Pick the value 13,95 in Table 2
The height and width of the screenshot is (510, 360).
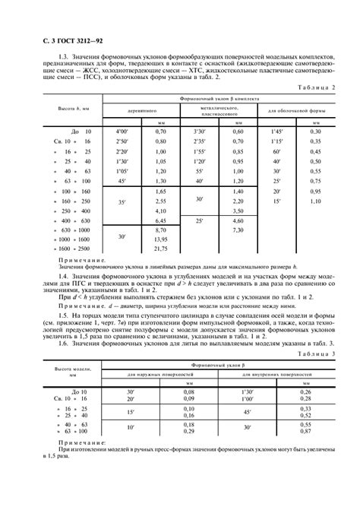(x=160, y=239)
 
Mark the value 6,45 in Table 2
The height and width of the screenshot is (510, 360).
(x=160, y=219)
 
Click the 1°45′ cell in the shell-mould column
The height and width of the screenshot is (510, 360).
(x=278, y=131)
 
